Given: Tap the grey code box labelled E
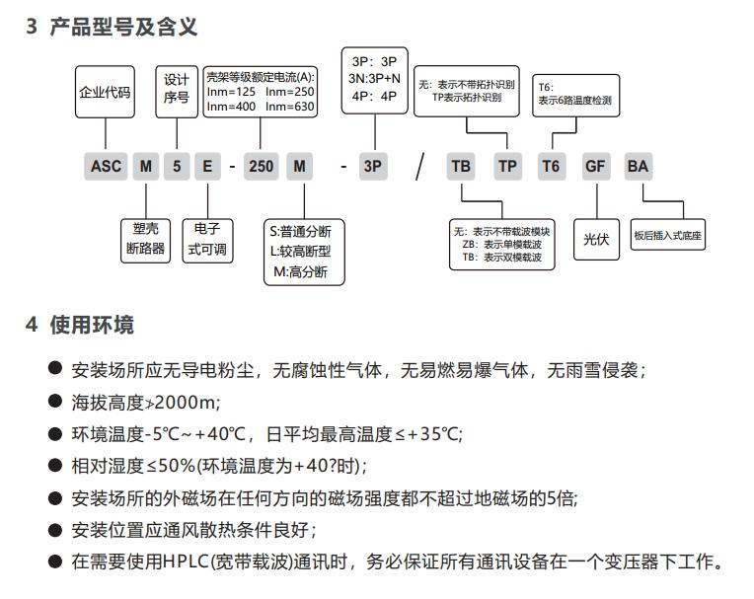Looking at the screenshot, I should click(206, 166).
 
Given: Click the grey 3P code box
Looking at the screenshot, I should click(372, 166).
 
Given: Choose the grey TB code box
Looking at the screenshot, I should click(461, 166).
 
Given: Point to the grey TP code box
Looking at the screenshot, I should click(507, 166).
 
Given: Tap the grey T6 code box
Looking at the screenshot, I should click(551, 166).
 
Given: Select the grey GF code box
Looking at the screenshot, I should click(595, 166).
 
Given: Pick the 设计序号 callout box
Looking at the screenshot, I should click(176, 91).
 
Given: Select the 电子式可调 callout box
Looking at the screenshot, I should click(207, 238).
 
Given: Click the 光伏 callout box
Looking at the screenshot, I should click(596, 239).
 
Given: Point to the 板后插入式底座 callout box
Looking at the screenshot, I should click(668, 237).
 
